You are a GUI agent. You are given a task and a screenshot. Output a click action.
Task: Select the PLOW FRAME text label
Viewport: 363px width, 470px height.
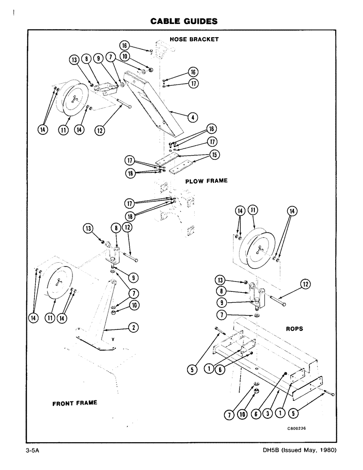point(206,180)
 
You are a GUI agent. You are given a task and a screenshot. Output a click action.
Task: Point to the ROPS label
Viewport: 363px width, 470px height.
point(295,329)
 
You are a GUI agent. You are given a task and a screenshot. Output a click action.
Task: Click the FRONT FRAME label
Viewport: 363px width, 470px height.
point(75,403)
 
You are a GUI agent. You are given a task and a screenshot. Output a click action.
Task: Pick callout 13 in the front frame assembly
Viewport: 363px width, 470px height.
point(87,228)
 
